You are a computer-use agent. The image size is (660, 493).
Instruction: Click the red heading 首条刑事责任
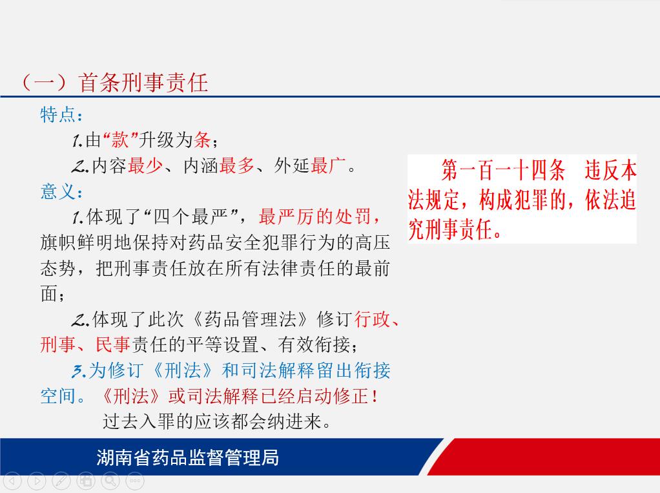pyautogui.click(x=143, y=83)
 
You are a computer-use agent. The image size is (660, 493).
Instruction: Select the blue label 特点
pyautogui.click(x=57, y=114)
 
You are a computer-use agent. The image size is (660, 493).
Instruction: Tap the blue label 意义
pyautogui.click(x=57, y=191)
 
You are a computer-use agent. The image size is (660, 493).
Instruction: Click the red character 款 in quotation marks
pyautogui.click(x=119, y=140)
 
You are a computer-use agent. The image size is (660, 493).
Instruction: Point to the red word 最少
pyautogui.click(x=145, y=166)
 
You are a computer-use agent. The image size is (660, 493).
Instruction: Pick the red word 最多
pyautogui.click(x=236, y=166)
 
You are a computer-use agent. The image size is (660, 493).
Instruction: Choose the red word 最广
pyautogui.click(x=328, y=166)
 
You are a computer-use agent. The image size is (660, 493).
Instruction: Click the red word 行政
pyautogui.click(x=372, y=320)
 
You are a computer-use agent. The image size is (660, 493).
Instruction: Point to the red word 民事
pyautogui.click(x=113, y=345)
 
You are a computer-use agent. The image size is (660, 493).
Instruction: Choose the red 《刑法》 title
pyautogui.click(x=131, y=396)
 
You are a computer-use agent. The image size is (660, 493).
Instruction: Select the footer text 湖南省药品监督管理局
pyautogui.click(x=188, y=457)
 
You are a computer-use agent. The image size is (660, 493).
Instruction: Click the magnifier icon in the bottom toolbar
pyautogui.click(x=110, y=480)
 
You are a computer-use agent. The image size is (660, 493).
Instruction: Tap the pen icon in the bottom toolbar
pyautogui.click(x=61, y=480)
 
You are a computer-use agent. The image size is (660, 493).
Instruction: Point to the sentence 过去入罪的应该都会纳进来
pyautogui.click(x=217, y=421)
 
